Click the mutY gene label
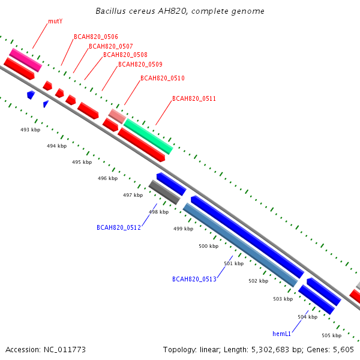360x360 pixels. tap(55, 22)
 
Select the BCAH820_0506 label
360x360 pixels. tap(96, 37)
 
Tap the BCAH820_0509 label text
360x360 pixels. tap(140, 64)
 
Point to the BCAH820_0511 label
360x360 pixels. tap(194, 98)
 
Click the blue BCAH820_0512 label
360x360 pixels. tap(119, 227)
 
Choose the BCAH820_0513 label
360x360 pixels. tap(194, 279)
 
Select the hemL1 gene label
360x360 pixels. tap(281, 334)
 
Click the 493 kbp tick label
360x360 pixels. tap(31, 130)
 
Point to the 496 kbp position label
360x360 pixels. tap(107, 178)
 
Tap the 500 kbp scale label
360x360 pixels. tap(208, 246)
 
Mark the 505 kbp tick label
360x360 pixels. tap(332, 335)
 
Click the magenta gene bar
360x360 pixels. tap(25, 60)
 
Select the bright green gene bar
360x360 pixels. tap(148, 136)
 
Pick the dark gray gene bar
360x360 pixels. tap(164, 192)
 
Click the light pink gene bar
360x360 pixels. tap(117, 116)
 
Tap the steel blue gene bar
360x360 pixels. tap(241, 245)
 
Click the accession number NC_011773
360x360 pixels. tap(65, 350)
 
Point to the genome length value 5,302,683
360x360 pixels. tap(270, 350)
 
